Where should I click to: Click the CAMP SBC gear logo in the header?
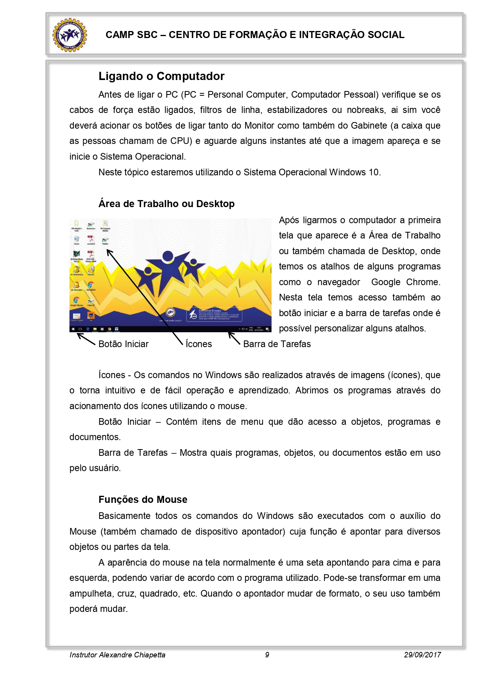70,35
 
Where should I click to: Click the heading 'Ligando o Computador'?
161,76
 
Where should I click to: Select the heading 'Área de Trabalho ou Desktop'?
166,204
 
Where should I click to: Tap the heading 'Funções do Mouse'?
143,499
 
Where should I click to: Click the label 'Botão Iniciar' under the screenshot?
123,344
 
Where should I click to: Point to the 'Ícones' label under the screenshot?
199,344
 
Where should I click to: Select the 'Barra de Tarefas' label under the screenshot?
277,344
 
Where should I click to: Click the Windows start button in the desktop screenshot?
73,329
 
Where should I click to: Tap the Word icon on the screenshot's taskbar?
117,329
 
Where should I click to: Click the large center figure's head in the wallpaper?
168,257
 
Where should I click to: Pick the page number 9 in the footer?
267,655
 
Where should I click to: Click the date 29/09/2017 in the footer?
422,655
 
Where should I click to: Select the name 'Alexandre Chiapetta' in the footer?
132,655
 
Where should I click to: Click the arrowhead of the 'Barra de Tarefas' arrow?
230,334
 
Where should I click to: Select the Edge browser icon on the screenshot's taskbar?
88,329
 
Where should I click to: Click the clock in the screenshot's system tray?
259,329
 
